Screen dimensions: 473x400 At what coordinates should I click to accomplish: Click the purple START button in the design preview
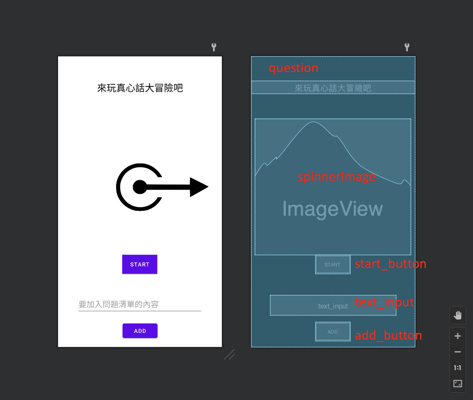[x=140, y=264]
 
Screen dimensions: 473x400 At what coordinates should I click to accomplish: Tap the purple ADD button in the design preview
[x=140, y=331]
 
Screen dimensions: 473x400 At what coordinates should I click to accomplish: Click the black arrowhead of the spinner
[x=198, y=187]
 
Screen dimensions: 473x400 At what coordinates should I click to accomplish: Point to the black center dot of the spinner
[x=140, y=187]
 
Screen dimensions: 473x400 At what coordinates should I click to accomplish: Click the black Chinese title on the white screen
[x=140, y=88]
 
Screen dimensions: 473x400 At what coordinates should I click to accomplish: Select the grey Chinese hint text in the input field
[x=118, y=304]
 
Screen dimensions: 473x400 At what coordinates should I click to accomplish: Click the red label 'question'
[x=293, y=68]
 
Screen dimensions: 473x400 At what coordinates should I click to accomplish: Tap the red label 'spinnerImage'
[x=336, y=177]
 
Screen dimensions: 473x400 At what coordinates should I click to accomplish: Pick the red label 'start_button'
[x=390, y=264]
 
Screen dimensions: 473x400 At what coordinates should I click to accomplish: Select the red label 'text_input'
[x=384, y=302]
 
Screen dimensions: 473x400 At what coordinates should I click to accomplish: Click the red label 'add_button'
[x=388, y=335]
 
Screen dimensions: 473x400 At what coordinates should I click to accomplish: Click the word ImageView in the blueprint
[x=332, y=209]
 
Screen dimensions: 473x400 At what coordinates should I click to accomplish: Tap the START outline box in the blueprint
[x=332, y=265]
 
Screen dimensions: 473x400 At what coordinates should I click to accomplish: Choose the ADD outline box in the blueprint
[x=332, y=332]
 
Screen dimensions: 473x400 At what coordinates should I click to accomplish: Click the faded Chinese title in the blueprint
[x=333, y=88]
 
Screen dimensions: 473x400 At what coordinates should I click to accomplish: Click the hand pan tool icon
[x=458, y=315]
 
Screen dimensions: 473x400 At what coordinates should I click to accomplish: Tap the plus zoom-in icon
[x=458, y=336]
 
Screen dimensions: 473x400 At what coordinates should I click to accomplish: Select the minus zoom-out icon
[x=458, y=352]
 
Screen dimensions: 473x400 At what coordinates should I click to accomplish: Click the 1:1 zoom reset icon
[x=458, y=368]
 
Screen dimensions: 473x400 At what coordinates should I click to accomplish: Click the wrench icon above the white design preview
[x=214, y=47]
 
